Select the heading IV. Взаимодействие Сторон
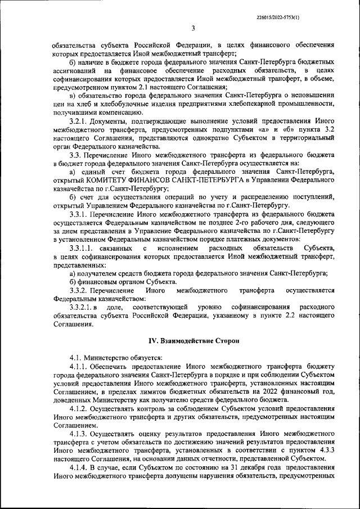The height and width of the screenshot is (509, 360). click(x=186, y=341)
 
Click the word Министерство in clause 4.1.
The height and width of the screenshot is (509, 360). click(x=107, y=358)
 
